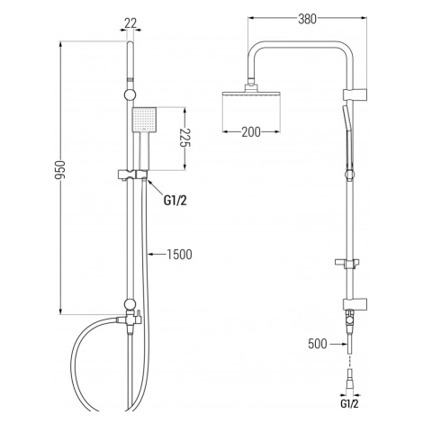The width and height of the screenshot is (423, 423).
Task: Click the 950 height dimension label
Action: [60, 170]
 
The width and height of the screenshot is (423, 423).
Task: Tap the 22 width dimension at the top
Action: [130, 23]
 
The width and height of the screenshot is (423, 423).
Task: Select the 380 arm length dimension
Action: [307, 19]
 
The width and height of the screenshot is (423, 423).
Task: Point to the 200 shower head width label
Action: [251, 132]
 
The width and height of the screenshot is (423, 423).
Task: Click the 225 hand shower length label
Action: [185, 139]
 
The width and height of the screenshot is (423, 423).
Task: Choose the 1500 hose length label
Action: [179, 255]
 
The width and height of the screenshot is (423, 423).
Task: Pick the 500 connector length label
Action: [318, 344]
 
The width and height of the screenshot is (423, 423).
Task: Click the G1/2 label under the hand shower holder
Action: [175, 201]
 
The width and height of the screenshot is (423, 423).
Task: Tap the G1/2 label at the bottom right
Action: [349, 404]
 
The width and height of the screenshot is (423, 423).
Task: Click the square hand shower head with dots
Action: [144, 120]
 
